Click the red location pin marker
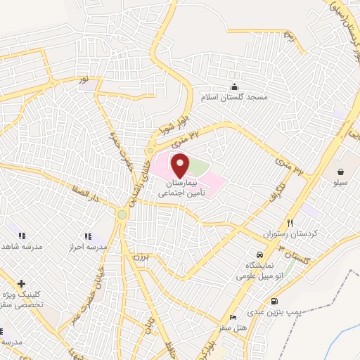181,165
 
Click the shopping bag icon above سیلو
341,172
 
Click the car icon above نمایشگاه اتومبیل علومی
260,253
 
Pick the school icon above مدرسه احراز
87,236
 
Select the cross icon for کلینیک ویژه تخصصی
22,283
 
